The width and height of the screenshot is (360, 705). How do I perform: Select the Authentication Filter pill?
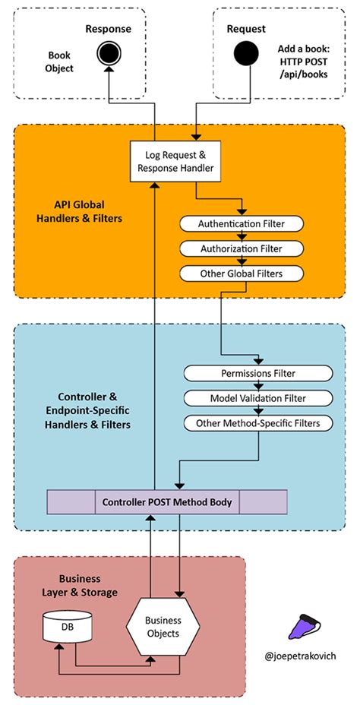(x=242, y=224)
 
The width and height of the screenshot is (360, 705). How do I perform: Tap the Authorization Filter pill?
(x=242, y=248)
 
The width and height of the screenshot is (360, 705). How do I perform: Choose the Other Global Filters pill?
(x=242, y=273)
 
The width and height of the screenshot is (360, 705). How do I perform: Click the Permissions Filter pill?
(x=258, y=373)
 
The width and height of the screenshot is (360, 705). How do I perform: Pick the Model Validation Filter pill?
(x=258, y=398)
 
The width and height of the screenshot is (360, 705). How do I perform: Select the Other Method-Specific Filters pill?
(x=258, y=423)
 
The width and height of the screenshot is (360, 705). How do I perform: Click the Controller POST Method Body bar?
(x=167, y=502)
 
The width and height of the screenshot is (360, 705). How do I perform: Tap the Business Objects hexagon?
(x=163, y=628)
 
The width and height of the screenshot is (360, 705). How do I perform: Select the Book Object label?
(x=60, y=62)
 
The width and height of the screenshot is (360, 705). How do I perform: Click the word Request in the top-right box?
(x=246, y=29)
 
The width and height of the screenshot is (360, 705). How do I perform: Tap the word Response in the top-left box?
(x=109, y=29)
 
